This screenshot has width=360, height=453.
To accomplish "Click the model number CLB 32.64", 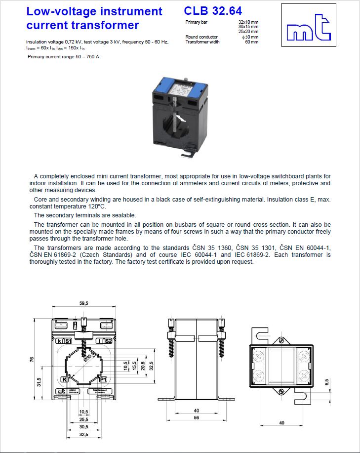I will point(213,10).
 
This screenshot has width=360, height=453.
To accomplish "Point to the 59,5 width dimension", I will point(83,304).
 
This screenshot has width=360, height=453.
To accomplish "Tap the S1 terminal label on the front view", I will point(69,341).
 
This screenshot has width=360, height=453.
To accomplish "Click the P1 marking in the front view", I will point(103,379).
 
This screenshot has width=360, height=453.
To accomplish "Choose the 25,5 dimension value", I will point(83,419).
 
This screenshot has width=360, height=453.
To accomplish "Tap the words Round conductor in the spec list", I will point(201,37).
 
